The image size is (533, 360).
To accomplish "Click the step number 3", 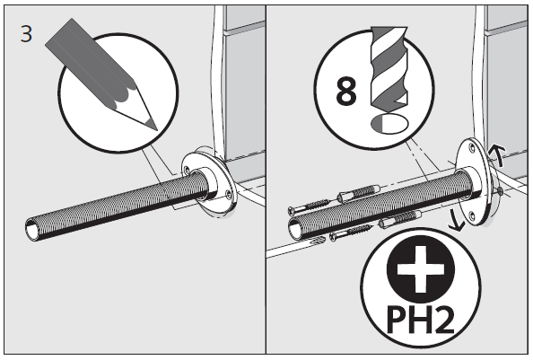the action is (26, 34).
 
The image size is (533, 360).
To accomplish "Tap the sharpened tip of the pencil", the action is (157, 129).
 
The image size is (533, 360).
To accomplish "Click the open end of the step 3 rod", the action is (33, 230).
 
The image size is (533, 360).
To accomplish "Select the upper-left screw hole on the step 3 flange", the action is (187, 169).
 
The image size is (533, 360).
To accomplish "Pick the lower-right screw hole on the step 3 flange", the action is (228, 195).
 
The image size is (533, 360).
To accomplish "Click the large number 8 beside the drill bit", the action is (346, 90).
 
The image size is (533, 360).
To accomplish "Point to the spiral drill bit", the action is (389, 69).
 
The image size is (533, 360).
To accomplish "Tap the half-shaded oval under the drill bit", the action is (389, 124).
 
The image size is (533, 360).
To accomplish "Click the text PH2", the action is (420, 320).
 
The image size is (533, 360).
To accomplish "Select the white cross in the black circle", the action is (421, 269).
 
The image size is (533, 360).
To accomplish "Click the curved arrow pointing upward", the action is (497, 154).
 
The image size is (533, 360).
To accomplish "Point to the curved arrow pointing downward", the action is (456, 221).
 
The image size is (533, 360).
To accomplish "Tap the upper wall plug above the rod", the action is (358, 193).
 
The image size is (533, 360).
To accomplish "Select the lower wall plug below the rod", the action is (400, 219).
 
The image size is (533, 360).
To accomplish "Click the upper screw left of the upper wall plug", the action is (309, 206).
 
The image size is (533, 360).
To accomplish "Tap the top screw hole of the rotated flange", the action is (471, 147).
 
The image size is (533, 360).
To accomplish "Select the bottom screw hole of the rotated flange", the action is (471, 215).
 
